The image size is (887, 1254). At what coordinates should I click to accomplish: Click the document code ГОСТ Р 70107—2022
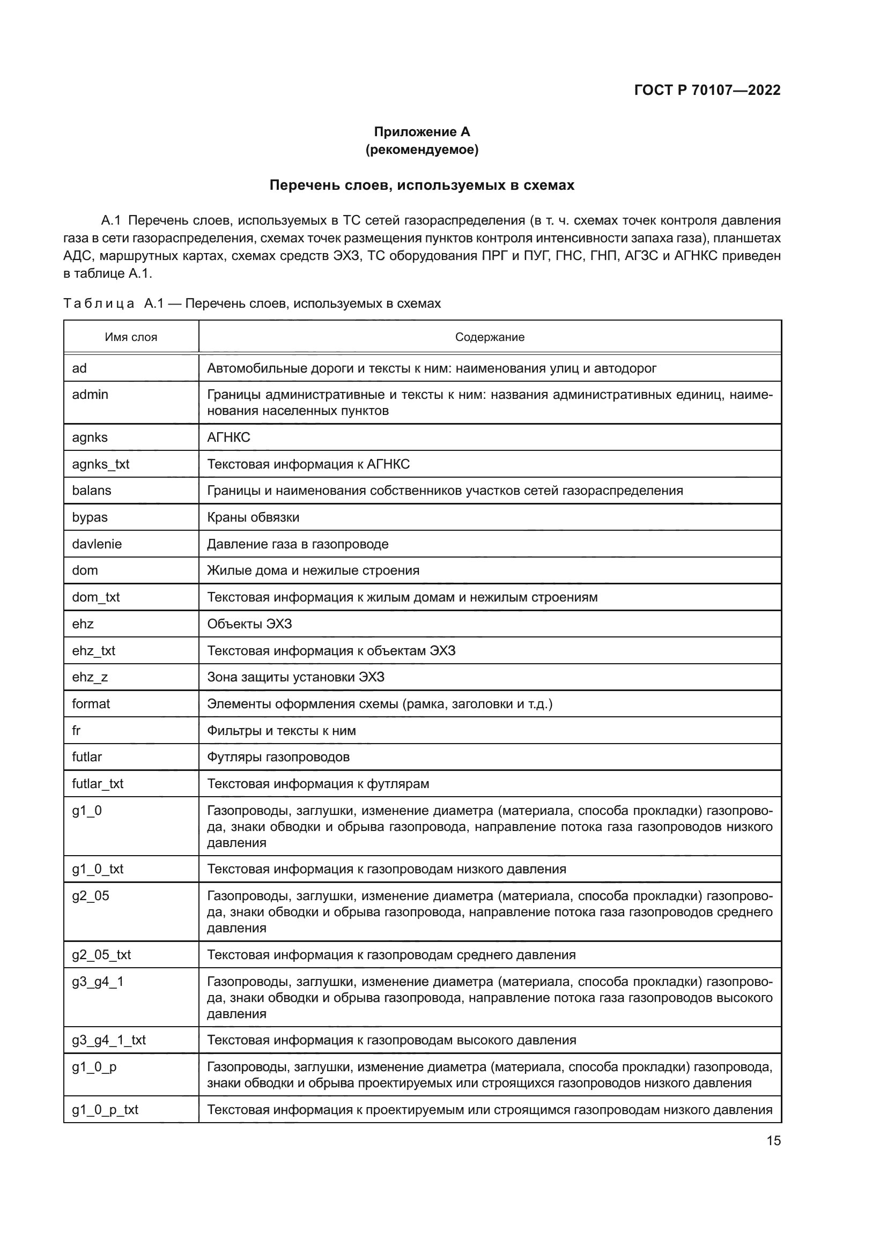(x=707, y=90)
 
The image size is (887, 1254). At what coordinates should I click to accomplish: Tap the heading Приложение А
(x=422, y=132)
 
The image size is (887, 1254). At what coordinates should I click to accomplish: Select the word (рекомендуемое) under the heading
(x=422, y=150)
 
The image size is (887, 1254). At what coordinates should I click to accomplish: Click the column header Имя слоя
(x=131, y=337)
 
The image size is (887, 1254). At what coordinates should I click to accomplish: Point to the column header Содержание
(x=490, y=337)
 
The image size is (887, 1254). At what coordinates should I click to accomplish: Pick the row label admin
(x=90, y=395)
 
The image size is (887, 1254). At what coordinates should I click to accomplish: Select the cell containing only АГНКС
(x=228, y=437)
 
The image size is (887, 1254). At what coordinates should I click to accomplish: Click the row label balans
(x=91, y=491)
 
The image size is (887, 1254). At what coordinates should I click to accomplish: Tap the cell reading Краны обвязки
(x=253, y=517)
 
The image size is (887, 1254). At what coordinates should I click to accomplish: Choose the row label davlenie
(x=97, y=544)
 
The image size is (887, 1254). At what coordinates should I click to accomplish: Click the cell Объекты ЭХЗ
(x=249, y=624)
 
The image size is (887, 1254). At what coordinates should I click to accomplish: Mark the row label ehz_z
(x=90, y=677)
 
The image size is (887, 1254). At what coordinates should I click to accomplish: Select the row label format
(x=91, y=703)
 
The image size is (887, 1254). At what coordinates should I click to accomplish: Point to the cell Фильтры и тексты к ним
(x=282, y=731)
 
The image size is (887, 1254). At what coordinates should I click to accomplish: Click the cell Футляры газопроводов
(x=278, y=757)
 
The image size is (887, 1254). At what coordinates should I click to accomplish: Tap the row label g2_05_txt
(x=101, y=955)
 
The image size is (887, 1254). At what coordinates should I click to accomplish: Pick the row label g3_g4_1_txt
(x=109, y=1040)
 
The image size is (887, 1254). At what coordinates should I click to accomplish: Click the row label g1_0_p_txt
(x=105, y=1110)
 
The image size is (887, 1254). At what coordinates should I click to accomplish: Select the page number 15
(x=773, y=1140)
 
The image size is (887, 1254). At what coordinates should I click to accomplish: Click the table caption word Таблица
(x=98, y=303)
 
